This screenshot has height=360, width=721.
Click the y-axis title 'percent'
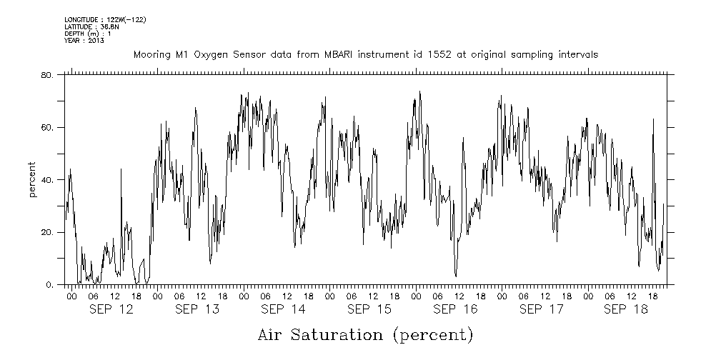click(x=33, y=180)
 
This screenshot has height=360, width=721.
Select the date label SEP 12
click(x=111, y=309)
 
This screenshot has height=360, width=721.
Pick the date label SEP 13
click(x=197, y=309)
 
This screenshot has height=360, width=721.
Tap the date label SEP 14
click(x=283, y=309)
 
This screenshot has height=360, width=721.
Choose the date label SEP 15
click(x=369, y=309)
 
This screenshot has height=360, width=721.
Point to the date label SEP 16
click(x=455, y=309)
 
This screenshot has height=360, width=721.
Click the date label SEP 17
click(x=541, y=309)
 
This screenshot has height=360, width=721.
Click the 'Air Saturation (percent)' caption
click(x=365, y=334)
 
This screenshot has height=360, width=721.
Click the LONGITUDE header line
click(x=105, y=20)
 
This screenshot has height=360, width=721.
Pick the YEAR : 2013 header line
click(x=84, y=41)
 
